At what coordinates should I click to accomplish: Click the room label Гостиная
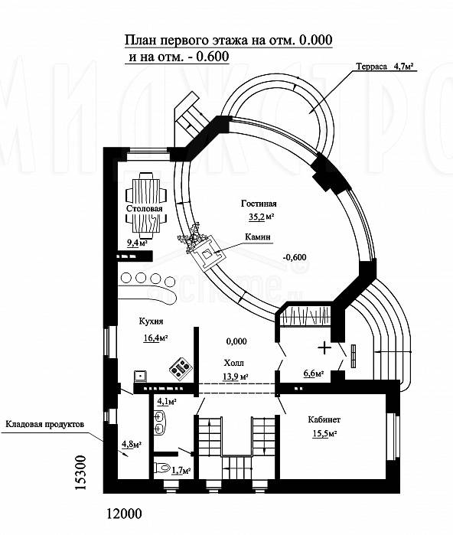[259, 204]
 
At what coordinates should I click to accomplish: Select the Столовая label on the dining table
[145, 208]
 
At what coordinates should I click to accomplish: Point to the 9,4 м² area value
[137, 243]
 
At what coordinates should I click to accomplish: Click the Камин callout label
[259, 237]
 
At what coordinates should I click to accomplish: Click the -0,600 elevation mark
[295, 257]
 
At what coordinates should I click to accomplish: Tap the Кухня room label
[151, 321]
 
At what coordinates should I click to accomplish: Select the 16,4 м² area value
[155, 338]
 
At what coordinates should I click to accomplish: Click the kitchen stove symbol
[181, 367]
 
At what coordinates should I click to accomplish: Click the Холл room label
[234, 363]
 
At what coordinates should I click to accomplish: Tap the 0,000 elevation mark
[236, 341]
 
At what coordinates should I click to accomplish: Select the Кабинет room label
[324, 419]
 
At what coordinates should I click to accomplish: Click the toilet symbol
[162, 467]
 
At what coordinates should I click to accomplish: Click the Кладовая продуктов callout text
[44, 425]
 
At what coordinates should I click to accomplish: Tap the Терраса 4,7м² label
[387, 66]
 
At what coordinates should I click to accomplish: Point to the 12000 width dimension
[124, 513]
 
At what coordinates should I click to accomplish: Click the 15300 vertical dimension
[80, 472]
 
